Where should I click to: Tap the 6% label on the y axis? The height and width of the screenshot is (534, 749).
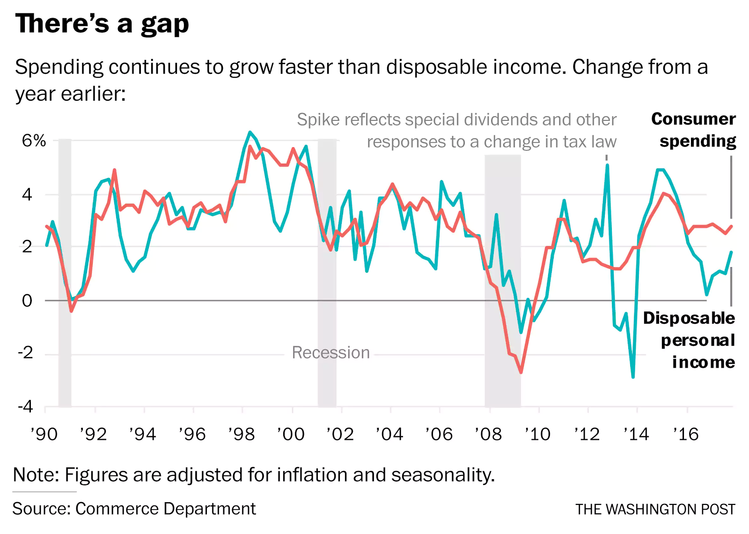point(34,141)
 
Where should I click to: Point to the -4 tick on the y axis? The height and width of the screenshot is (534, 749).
point(26,406)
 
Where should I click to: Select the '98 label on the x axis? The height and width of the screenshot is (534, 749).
point(242,434)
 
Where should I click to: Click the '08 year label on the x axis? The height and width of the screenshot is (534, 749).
point(488,434)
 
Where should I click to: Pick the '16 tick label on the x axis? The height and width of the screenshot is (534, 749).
point(686,434)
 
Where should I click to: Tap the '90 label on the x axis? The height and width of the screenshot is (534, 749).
point(44,434)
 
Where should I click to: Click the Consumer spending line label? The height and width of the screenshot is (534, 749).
point(694,130)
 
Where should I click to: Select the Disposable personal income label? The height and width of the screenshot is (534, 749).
point(689,340)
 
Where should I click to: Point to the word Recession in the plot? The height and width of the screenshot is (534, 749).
point(330,352)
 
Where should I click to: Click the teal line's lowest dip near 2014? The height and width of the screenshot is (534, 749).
point(633,377)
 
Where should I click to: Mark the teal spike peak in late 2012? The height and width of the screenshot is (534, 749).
point(607,165)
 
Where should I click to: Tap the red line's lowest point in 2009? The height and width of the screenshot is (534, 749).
point(521,372)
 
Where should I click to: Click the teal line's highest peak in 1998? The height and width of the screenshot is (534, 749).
point(250,132)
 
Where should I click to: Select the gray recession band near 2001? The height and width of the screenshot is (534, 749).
point(327,272)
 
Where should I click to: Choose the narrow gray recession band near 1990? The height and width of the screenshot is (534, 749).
point(65,272)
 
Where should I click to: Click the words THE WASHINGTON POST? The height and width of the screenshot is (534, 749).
point(655,509)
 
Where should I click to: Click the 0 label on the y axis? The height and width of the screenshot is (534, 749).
point(27,301)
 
